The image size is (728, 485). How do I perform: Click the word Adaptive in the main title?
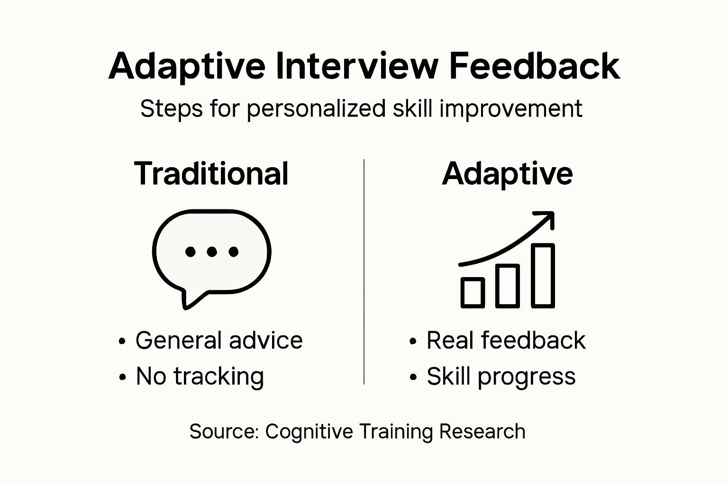pos(187,66)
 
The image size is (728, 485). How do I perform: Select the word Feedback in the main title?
pos(534,66)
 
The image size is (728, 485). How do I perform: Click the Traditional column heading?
pos(211,173)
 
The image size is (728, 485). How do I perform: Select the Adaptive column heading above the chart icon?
pos(507,173)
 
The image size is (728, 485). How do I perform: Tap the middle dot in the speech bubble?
pos(212,252)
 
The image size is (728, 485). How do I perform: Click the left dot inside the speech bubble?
pos(191,252)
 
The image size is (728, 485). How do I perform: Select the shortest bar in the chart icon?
pos(473,292)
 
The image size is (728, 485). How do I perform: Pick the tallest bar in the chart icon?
pos(543,276)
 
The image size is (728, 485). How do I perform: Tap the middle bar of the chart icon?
pos(507,286)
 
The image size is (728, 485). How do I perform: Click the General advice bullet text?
pos(218,341)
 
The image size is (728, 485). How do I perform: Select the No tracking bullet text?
pos(200,377)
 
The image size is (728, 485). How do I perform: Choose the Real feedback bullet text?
pos(506,341)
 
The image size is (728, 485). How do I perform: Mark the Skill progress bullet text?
pos(501,377)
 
